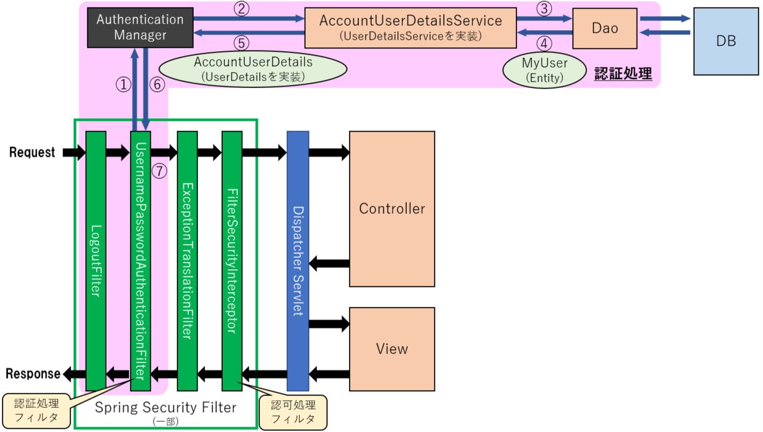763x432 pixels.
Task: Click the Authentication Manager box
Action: [140, 27]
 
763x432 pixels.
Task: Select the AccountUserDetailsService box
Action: [410, 28]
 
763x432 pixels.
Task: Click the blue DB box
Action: [726, 41]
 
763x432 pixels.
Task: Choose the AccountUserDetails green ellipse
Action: [253, 69]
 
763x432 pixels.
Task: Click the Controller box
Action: [392, 208]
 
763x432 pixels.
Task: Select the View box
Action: [392, 349]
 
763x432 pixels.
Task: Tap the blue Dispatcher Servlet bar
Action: [298, 261]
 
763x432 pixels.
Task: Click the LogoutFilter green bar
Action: [96, 261]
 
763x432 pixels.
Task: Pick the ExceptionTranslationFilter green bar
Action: [187, 261]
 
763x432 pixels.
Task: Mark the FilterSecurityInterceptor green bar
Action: [232, 261]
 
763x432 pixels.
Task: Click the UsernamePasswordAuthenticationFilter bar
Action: [140, 261]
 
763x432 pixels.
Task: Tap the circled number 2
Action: [243, 9]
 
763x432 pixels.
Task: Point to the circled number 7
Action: [160, 171]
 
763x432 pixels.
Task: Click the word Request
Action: [32, 153]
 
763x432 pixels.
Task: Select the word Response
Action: [33, 373]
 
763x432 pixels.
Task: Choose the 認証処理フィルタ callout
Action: [37, 411]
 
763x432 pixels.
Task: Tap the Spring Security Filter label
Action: [166, 408]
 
